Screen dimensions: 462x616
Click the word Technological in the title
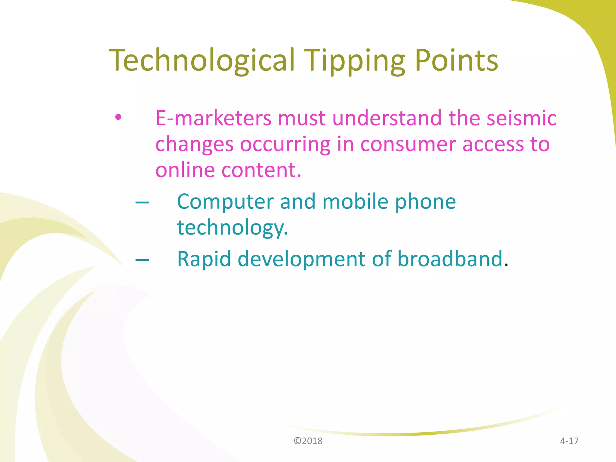point(202,61)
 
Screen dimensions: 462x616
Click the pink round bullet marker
point(118,117)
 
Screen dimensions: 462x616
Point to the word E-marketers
point(213,118)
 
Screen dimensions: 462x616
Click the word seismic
point(522,118)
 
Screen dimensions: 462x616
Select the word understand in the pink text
point(387,118)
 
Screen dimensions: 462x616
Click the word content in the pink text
point(261,170)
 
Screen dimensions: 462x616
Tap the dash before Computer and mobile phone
point(142,202)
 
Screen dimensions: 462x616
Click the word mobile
point(355,202)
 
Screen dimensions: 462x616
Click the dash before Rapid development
point(142,260)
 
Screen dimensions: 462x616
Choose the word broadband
point(450,259)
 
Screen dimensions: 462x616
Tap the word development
point(301,259)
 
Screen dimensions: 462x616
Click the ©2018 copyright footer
point(308,441)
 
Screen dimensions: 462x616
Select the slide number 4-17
point(569,441)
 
